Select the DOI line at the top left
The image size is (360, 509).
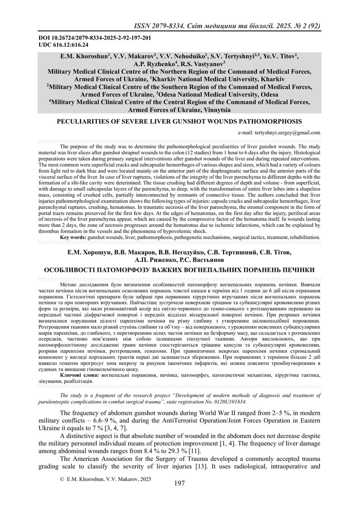pyautogui.click(x=79, y=38)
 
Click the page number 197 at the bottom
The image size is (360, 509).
pyautogui.click(x=179, y=483)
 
